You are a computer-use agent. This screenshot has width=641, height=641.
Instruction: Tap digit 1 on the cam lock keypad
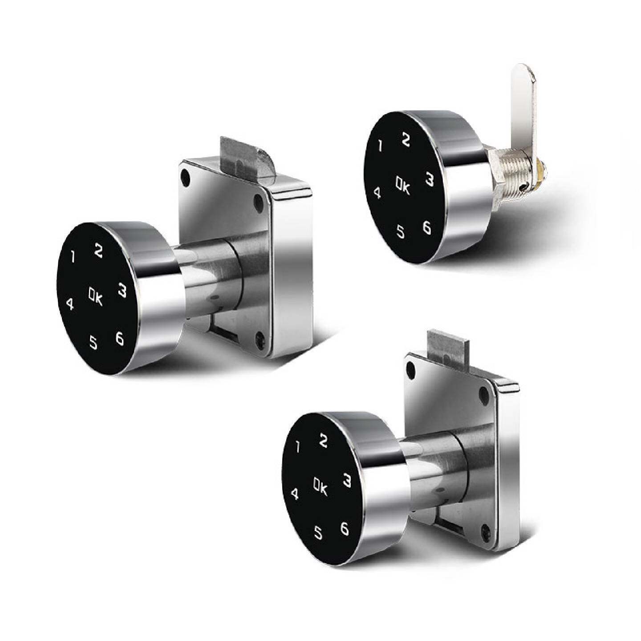(380, 146)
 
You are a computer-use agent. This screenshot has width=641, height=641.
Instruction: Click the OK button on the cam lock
(403, 185)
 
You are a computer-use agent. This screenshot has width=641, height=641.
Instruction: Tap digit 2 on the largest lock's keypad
(98, 251)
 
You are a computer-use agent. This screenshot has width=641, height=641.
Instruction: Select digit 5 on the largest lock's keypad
(93, 342)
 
